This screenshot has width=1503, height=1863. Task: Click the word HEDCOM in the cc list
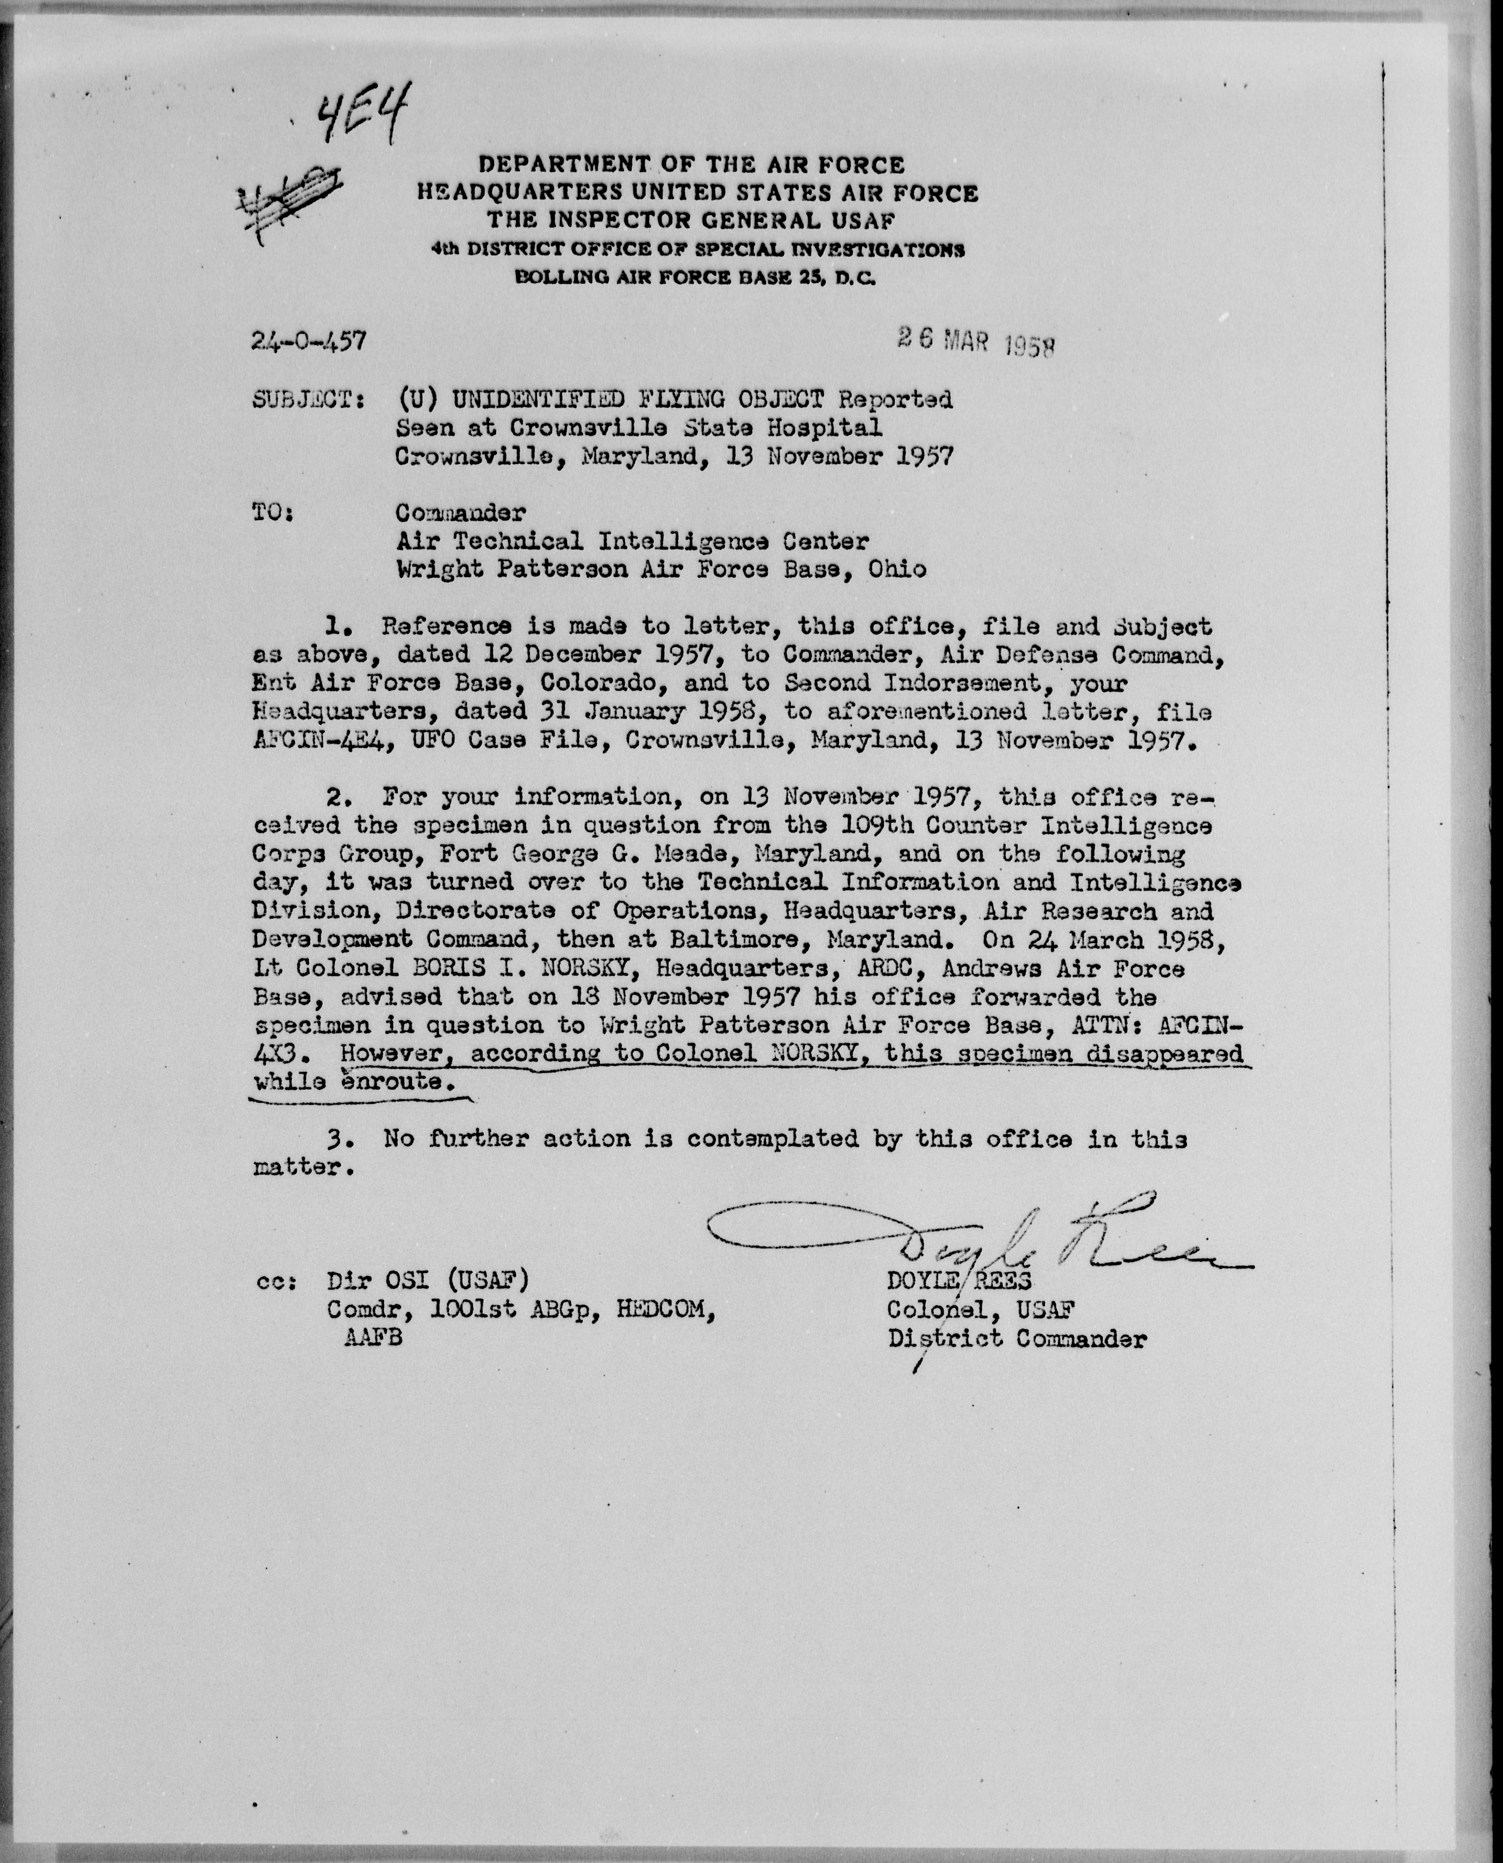click(665, 1310)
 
